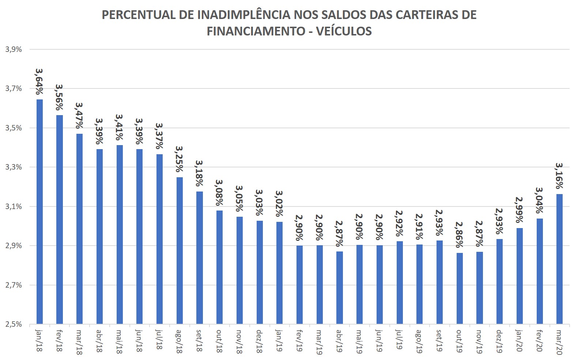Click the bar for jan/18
point(39,212)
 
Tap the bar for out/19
point(460,288)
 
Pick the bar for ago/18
point(180,251)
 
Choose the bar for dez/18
point(260,272)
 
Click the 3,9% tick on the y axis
point(14,49)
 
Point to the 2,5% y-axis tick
point(14,324)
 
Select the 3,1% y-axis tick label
point(14,206)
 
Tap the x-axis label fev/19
point(299,341)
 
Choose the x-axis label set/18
point(200,340)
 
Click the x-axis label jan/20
point(520,341)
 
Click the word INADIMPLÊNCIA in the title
point(244,15)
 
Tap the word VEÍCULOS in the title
point(344,31)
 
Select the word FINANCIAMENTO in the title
point(256,31)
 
